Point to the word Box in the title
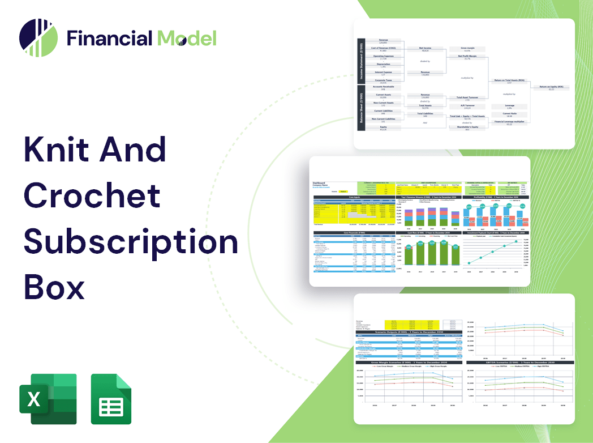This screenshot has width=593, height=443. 54,288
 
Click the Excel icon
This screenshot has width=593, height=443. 48,399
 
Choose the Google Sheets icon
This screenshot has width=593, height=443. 111,399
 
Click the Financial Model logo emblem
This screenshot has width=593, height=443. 38,38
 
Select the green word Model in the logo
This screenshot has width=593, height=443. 187,39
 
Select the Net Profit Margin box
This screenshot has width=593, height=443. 468,57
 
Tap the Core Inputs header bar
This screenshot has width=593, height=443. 354,197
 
